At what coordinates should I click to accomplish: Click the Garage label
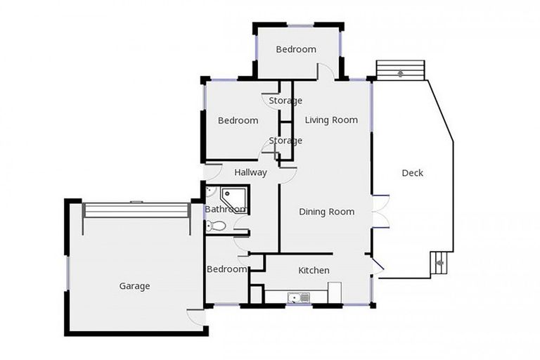coord(134,286)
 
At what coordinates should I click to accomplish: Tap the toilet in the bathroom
coord(216,226)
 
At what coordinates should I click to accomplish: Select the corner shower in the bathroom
coord(233,198)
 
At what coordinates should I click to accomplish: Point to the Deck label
coord(413,173)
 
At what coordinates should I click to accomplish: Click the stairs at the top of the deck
coord(401,70)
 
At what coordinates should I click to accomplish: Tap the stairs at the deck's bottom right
coord(439,263)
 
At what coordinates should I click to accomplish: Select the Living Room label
coord(331,120)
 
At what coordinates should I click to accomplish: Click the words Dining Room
coord(326,212)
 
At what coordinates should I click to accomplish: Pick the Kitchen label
coord(314,271)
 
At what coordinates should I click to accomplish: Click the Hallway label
coord(250,172)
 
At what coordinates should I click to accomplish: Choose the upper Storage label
coord(285,101)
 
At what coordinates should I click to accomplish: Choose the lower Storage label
coord(285,141)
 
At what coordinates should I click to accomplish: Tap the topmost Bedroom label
coord(295,49)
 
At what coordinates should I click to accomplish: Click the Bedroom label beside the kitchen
coord(226,269)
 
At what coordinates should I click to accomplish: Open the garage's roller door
coord(136,210)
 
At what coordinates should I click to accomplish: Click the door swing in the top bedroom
coord(325,71)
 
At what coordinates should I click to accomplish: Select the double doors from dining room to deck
coord(380,211)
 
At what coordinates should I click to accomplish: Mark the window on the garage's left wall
coord(67,272)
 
